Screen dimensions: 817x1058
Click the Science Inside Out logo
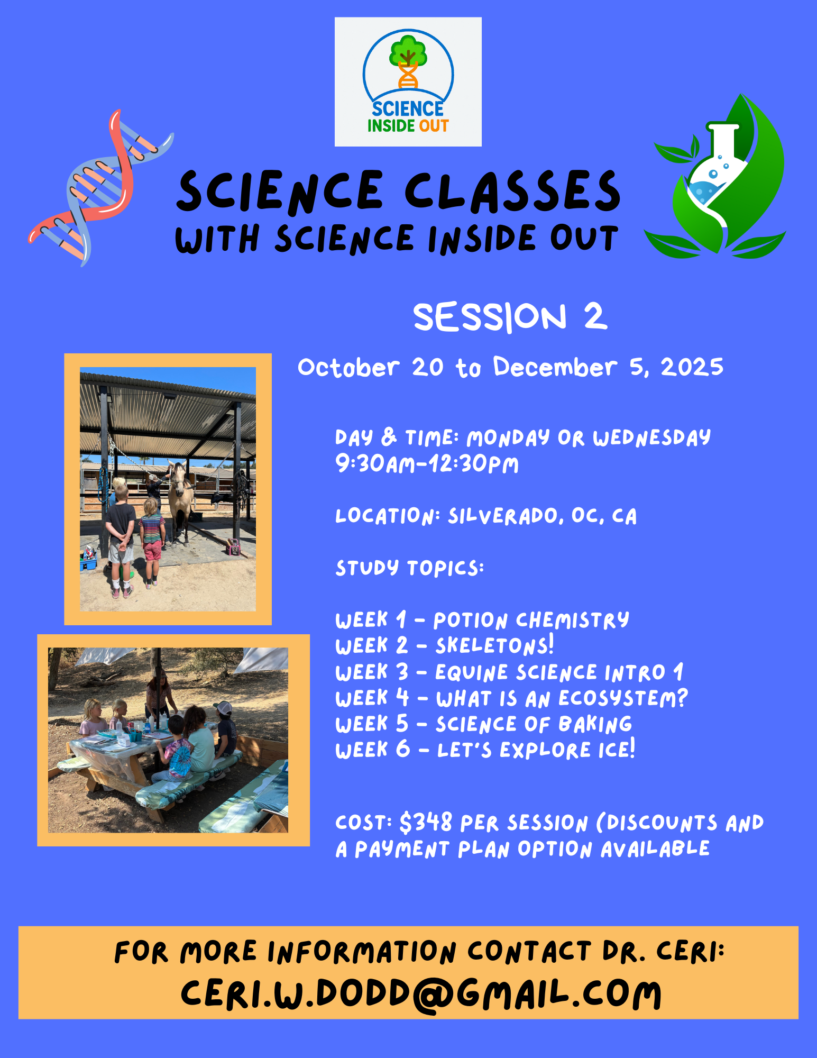(408, 81)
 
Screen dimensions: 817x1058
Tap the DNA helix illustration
(100, 188)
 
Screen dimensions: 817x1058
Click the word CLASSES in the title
(512, 191)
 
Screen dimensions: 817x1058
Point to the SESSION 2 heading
(510, 317)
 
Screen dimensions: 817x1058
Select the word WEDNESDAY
(652, 437)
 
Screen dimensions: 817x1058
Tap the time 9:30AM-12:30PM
(427, 464)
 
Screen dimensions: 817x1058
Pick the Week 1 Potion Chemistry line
(482, 619)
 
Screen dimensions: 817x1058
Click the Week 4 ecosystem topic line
(511, 698)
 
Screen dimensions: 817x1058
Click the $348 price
(426, 823)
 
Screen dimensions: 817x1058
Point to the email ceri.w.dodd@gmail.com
(421, 995)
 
